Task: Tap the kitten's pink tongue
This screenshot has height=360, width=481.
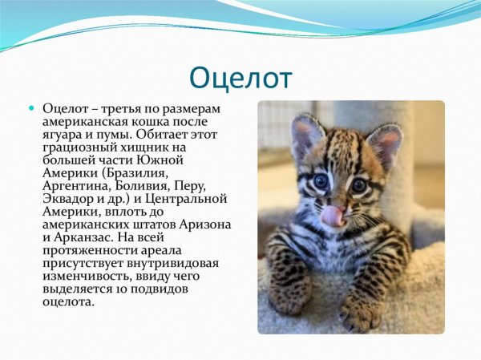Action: pos(332,216)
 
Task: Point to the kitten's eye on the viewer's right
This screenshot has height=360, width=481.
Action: pos(358,185)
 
